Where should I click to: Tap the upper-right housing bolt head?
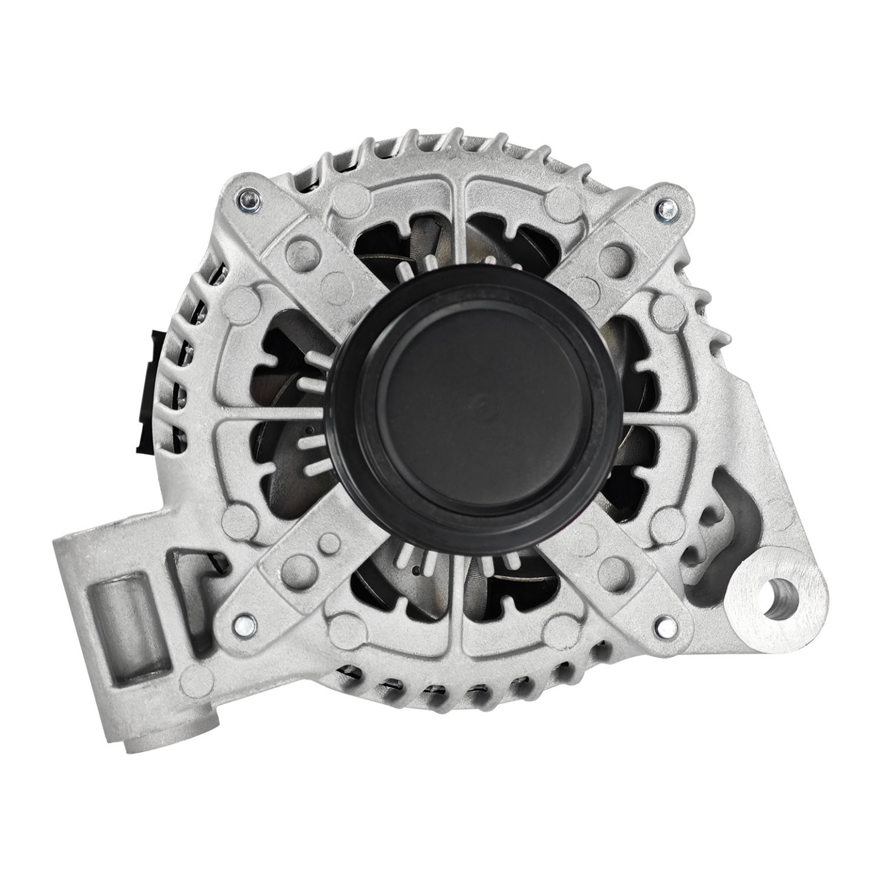[667, 211]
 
